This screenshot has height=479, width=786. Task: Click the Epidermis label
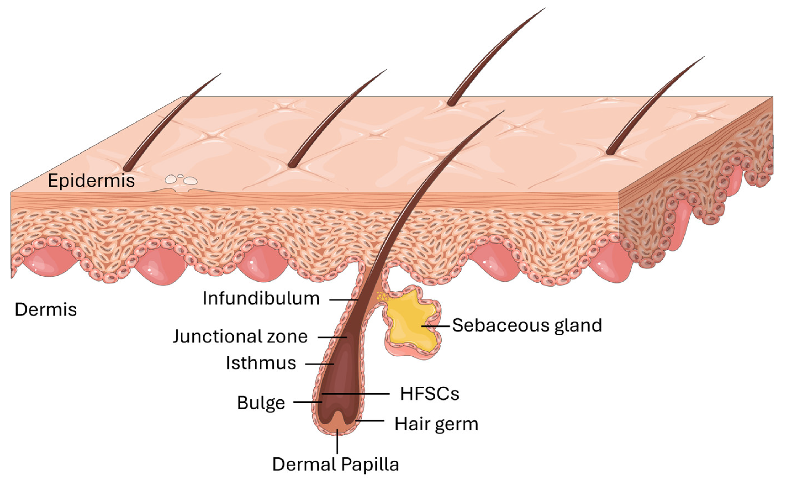pos(91,181)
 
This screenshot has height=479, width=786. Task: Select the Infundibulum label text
pos(261,299)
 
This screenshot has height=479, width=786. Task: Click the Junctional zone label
pos(240,337)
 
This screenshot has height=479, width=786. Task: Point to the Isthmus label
pos(261,363)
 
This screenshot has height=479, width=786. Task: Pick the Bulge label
pos(261,403)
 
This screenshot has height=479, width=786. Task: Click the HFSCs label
pos(429,394)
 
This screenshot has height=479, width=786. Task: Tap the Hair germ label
pos(436,424)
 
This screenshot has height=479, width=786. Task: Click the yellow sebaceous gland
pos(412,322)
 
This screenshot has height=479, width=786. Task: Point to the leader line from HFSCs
pos(356,394)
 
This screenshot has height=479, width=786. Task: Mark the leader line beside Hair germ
pos(370,421)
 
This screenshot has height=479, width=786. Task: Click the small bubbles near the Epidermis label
pos(181,180)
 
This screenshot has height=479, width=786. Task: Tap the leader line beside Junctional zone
pos(332,337)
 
